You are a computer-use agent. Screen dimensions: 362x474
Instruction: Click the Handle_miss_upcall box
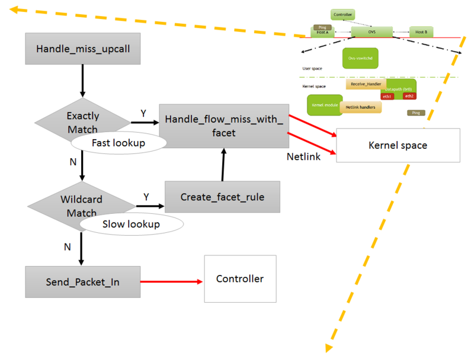pos(82,48)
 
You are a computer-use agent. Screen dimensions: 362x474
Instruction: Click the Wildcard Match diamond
pos(82,205)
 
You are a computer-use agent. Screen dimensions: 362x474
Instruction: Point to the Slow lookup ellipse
pos(131,224)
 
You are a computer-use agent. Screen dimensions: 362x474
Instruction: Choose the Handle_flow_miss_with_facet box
pos(224,126)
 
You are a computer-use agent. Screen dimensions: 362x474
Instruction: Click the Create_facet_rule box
pos(222,197)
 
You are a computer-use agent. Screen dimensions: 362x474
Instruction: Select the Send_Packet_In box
pos(82,282)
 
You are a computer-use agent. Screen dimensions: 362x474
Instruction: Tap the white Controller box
pos(240,278)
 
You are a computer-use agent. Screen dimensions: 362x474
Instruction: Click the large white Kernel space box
pos(398,145)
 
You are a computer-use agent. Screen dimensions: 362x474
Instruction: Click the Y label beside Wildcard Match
pos(146,196)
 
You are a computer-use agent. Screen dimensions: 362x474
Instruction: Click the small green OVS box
pos(371,32)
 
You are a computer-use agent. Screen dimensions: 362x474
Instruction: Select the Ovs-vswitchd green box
pos(360,58)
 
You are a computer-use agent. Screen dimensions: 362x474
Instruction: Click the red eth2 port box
pos(409,96)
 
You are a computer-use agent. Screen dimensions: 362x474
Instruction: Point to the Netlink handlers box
pos(360,107)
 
